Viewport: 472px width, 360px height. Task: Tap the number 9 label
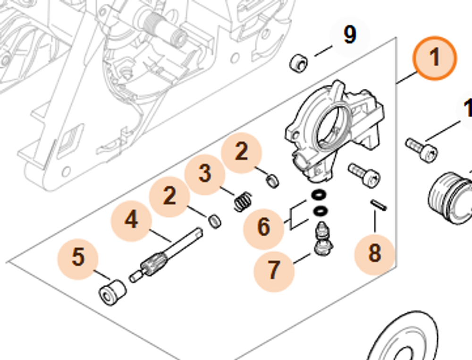click(349, 35)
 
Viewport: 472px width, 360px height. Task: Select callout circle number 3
click(205, 173)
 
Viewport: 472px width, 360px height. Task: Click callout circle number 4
click(131, 220)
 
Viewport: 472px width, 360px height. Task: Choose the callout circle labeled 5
click(78, 257)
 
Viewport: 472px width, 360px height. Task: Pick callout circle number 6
click(263, 228)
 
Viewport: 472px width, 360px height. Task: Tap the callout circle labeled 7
click(274, 270)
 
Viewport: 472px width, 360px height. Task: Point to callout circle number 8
click(374, 254)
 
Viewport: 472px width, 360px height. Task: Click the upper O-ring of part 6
click(320, 194)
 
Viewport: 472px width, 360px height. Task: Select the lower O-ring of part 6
click(320, 210)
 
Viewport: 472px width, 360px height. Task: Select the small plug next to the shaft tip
click(214, 220)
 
